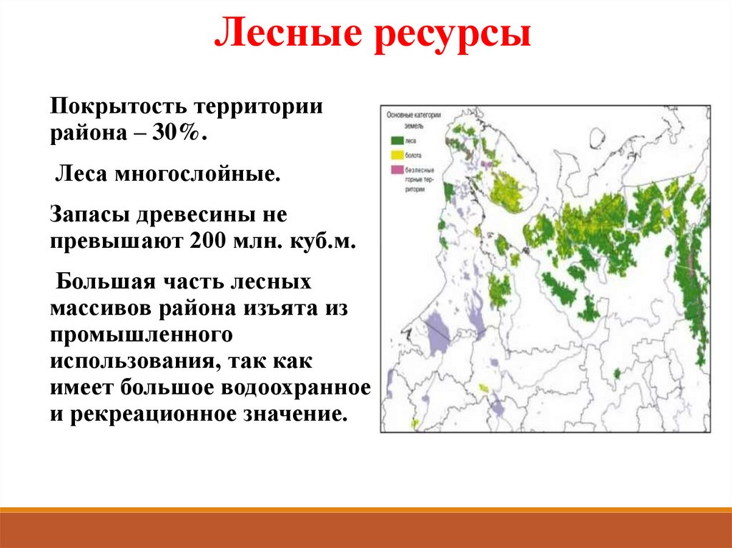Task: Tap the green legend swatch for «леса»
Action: [395, 141]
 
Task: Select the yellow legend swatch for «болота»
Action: [395, 154]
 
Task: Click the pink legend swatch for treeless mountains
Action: [395, 169]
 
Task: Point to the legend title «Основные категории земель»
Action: [413, 119]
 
